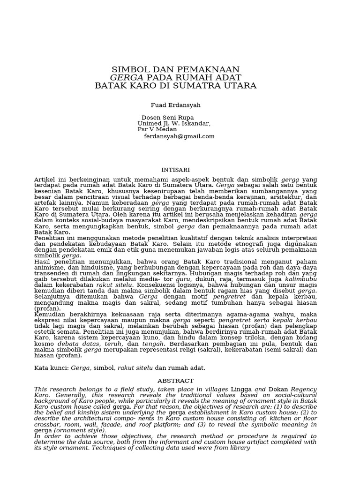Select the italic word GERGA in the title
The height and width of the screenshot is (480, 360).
[x=127, y=77]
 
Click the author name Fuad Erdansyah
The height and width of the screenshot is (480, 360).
[x=168, y=105]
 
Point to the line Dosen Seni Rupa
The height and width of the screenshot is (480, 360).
[x=167, y=117]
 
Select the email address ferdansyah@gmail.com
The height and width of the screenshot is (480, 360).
[x=179, y=136]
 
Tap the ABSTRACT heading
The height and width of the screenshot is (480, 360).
[x=175, y=381]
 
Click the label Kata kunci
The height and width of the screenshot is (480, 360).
[x=51, y=368]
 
